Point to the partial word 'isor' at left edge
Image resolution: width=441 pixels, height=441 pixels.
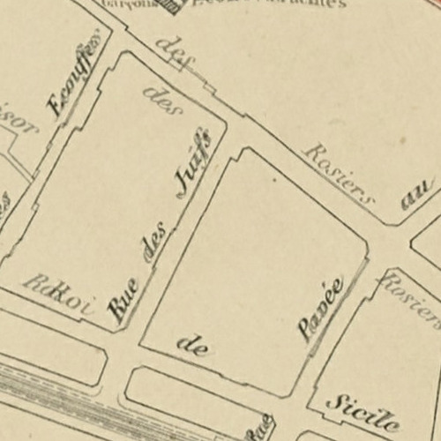point(19,131)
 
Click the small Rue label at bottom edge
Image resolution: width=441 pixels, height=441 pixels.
point(259,429)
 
